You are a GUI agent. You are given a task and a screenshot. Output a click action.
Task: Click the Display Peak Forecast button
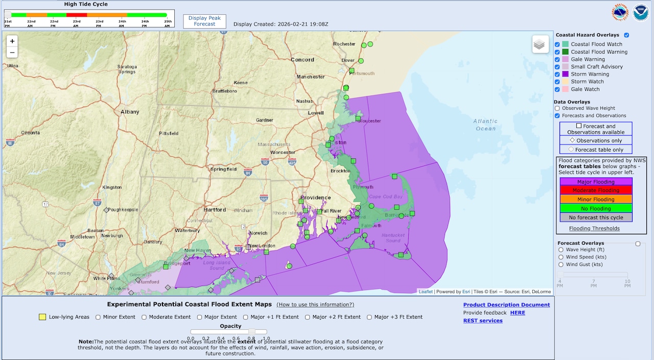point(204,21)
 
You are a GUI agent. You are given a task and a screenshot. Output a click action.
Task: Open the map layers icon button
point(540,44)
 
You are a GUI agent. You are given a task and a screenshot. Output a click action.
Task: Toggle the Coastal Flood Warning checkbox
point(557,52)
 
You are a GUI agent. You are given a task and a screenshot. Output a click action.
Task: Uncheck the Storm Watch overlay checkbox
point(557,82)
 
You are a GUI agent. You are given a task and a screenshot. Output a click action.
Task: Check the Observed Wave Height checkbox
point(557,108)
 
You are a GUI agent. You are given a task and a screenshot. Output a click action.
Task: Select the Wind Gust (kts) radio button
point(561,265)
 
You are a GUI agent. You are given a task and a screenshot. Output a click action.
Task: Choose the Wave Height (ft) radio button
point(561,250)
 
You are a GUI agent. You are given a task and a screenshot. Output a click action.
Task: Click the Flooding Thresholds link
point(594,228)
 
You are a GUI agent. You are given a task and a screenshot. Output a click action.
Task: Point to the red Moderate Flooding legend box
point(596,190)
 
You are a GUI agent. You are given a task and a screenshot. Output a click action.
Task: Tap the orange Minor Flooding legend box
point(596,199)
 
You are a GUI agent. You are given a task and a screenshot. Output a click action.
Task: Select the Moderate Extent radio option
point(145,317)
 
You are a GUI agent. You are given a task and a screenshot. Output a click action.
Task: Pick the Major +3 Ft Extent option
point(370,317)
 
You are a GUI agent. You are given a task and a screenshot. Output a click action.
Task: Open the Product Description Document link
point(506,305)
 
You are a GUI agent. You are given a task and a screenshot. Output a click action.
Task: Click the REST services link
point(483,321)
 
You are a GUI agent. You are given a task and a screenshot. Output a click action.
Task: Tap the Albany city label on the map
point(130,112)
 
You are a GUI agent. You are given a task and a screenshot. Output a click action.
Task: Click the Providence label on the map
point(315,198)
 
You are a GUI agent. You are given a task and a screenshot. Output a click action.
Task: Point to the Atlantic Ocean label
point(485,125)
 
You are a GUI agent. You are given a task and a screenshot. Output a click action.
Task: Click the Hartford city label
point(215,210)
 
